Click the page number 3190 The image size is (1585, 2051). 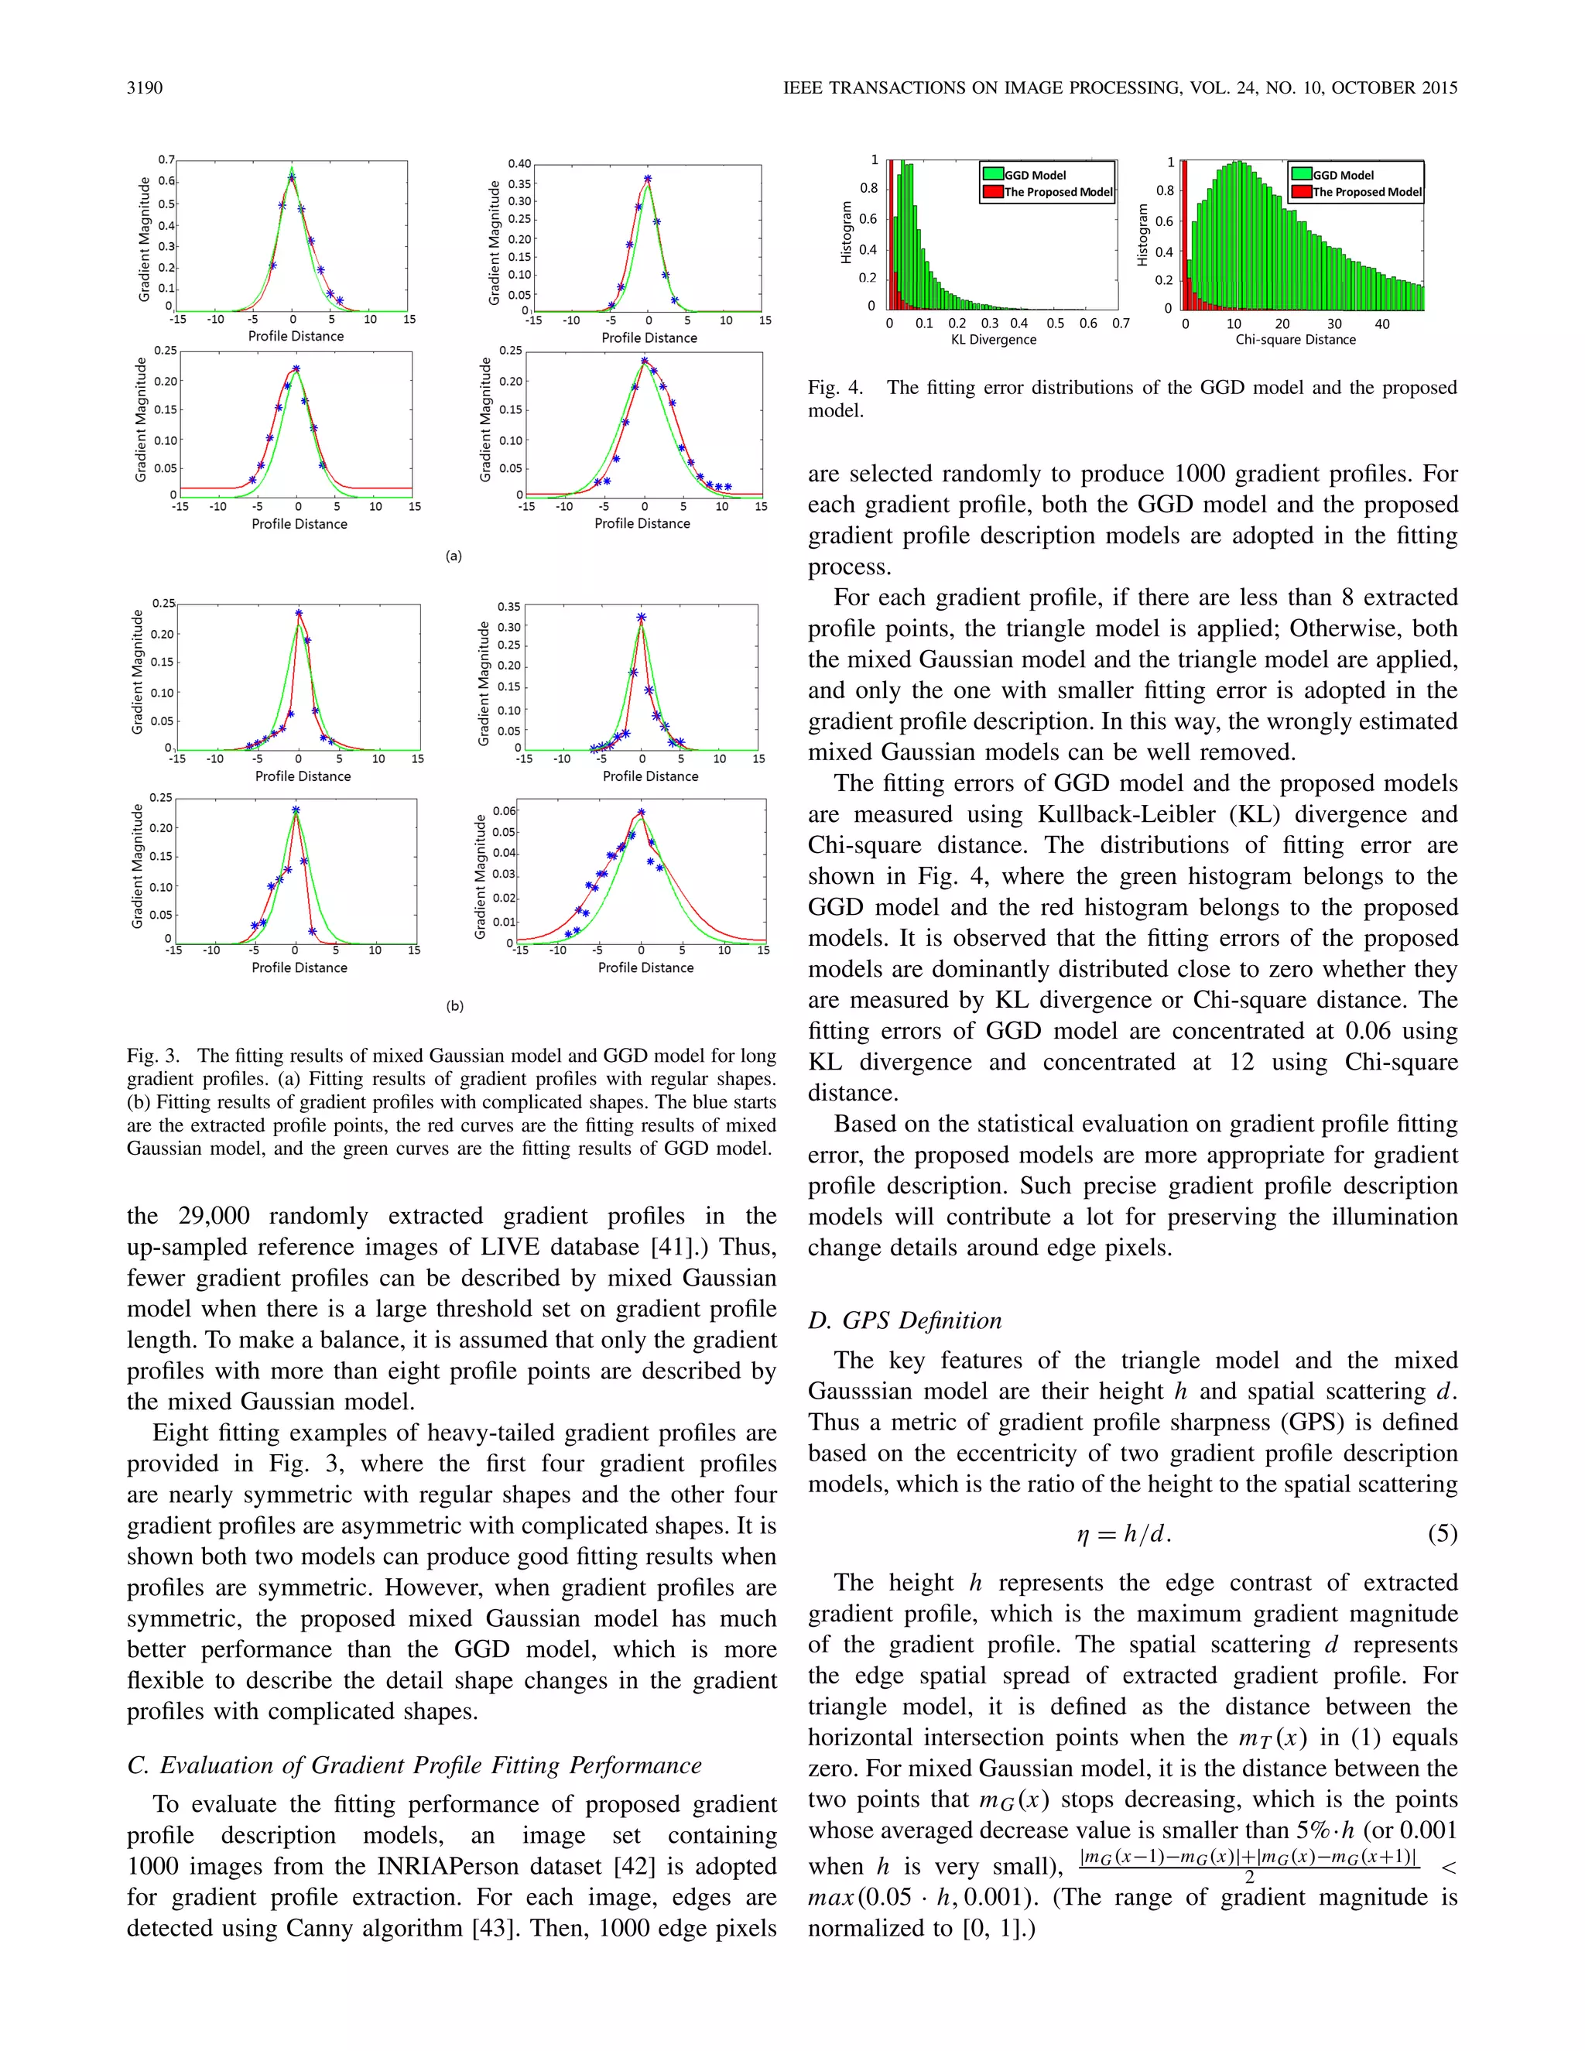tap(145, 88)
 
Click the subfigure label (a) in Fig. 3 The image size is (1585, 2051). tap(454, 556)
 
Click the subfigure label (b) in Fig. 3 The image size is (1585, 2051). tap(454, 1006)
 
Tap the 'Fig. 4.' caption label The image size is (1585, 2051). tap(835, 388)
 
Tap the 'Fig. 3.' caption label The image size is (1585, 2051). tap(153, 1056)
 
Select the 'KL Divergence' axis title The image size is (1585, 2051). tap(994, 340)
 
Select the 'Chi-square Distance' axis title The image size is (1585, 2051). tap(1295, 340)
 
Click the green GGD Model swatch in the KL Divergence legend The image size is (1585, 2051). tap(992, 173)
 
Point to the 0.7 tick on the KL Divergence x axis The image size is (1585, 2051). tap(1120, 323)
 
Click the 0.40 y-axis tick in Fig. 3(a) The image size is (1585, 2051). tap(519, 163)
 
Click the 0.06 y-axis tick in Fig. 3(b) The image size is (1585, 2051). tap(505, 810)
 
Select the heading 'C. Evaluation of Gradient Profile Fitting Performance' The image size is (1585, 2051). tap(414, 1765)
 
